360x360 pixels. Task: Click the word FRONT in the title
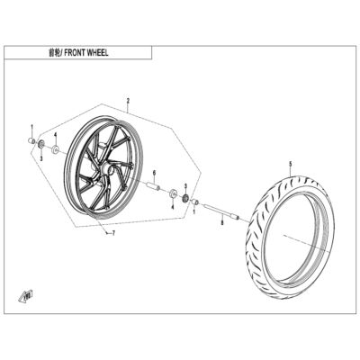74,53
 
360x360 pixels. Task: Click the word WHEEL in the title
97,53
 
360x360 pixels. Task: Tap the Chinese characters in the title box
54,53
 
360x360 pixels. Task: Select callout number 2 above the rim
128,101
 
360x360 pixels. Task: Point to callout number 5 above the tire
290,164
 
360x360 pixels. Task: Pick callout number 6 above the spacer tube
154,173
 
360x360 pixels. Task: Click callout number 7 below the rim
113,233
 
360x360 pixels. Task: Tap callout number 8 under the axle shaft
222,222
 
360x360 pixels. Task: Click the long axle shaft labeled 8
221,211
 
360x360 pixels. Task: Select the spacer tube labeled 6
153,185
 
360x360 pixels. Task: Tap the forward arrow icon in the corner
25,295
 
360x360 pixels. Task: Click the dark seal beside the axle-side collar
185,198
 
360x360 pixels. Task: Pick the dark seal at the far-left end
40,144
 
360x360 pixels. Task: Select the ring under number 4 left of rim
55,149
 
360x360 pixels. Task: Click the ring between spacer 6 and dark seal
173,193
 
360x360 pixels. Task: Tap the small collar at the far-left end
31,140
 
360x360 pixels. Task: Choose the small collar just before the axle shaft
195,202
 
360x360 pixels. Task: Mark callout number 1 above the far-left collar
32,126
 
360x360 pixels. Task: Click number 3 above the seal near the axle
185,186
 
